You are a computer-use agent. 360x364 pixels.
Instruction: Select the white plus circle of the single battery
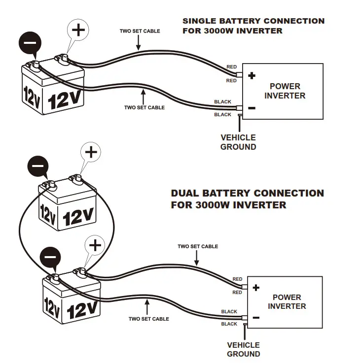(x=78, y=31)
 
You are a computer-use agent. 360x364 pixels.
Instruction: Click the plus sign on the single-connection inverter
(x=252, y=76)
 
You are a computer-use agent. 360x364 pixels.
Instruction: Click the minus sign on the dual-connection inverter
(x=256, y=318)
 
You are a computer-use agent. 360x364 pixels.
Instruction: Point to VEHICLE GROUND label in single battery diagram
(x=238, y=142)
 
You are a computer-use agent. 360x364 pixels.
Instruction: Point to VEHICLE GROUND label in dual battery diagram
(x=244, y=349)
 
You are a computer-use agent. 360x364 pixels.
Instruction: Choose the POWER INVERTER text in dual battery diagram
(x=287, y=301)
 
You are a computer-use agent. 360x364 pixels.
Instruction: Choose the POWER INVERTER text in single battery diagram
(x=285, y=91)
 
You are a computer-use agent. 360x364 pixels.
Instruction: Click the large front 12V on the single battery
(x=65, y=100)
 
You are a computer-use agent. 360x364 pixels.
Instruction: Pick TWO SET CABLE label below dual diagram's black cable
(x=148, y=319)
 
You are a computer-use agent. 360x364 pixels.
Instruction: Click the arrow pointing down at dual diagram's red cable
(x=198, y=257)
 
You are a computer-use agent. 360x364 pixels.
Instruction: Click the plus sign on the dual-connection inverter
(x=256, y=288)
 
